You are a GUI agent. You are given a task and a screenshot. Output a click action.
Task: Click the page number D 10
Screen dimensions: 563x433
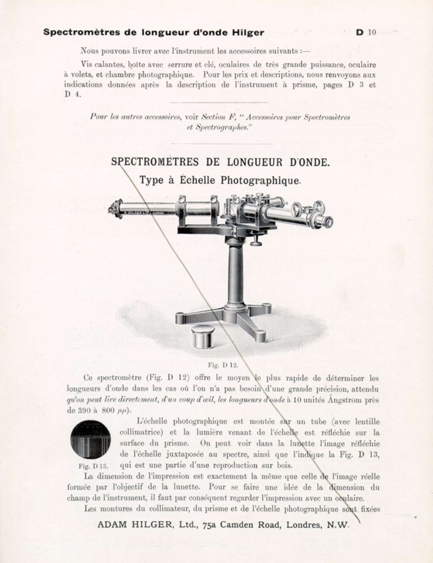point(366,32)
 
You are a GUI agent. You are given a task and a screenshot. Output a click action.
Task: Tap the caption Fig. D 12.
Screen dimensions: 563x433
point(223,365)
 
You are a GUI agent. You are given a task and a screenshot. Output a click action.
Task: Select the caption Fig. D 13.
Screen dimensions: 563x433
point(93,466)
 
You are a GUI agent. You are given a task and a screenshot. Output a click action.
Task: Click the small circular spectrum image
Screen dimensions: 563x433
point(91,440)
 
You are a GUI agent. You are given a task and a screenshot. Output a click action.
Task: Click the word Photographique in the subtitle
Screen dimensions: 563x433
point(260,180)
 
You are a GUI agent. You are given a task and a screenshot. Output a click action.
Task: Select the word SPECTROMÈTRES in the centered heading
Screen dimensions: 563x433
point(155,162)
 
